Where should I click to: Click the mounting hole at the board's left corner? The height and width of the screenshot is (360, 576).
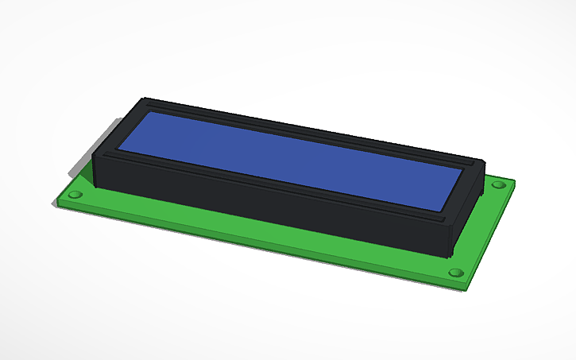pyautogui.click(x=77, y=193)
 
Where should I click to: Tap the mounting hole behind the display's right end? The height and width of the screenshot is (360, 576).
pyautogui.click(x=498, y=185)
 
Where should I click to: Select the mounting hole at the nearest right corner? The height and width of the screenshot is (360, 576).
pyautogui.click(x=456, y=273)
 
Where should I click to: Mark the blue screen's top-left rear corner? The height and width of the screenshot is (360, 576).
pyautogui.click(x=145, y=113)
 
